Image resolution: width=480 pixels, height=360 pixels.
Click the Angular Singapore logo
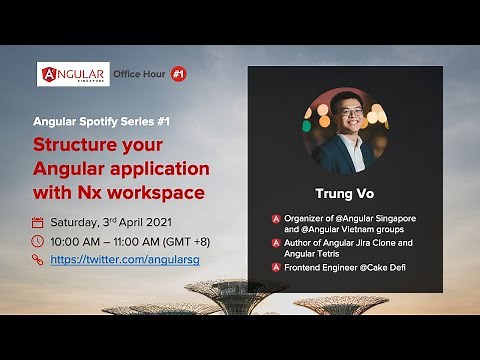coord(73,74)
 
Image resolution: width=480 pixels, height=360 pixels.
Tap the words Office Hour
coord(139,74)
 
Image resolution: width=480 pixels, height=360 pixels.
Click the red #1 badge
coord(178,74)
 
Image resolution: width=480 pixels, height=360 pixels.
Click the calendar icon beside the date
coord(38,222)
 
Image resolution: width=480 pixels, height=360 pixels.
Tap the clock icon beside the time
coord(38,241)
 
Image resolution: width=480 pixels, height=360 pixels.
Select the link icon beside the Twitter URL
coord(38,259)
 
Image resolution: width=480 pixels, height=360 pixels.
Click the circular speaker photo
coord(345,130)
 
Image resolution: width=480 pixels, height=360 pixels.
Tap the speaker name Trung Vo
coord(345,194)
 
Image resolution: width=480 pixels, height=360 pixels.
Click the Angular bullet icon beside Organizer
coord(275,219)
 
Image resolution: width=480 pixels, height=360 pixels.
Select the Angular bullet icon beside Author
coord(275,243)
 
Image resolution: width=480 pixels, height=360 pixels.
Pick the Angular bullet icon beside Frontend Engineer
coord(275,267)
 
